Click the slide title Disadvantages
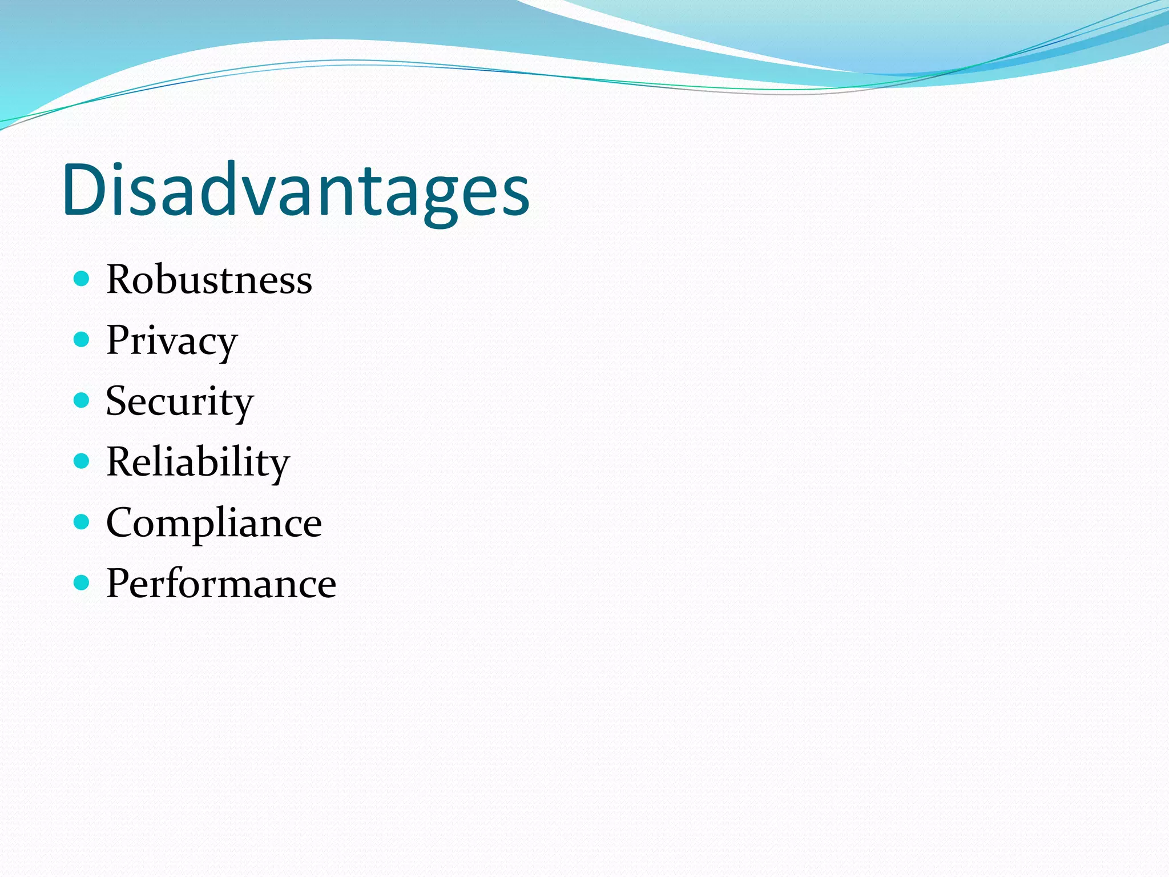click(296, 190)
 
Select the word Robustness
click(209, 280)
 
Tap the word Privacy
click(171, 341)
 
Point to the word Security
click(179, 402)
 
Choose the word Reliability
click(197, 462)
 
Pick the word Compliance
click(214, 523)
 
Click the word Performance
click(221, 584)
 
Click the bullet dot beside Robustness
click(82, 279)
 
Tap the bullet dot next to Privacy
click(82, 340)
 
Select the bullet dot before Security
click(82, 400)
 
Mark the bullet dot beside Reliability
click(82, 461)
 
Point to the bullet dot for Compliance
click(82, 522)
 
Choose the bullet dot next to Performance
click(82, 582)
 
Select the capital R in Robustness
click(120, 279)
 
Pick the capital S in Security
click(118, 401)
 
